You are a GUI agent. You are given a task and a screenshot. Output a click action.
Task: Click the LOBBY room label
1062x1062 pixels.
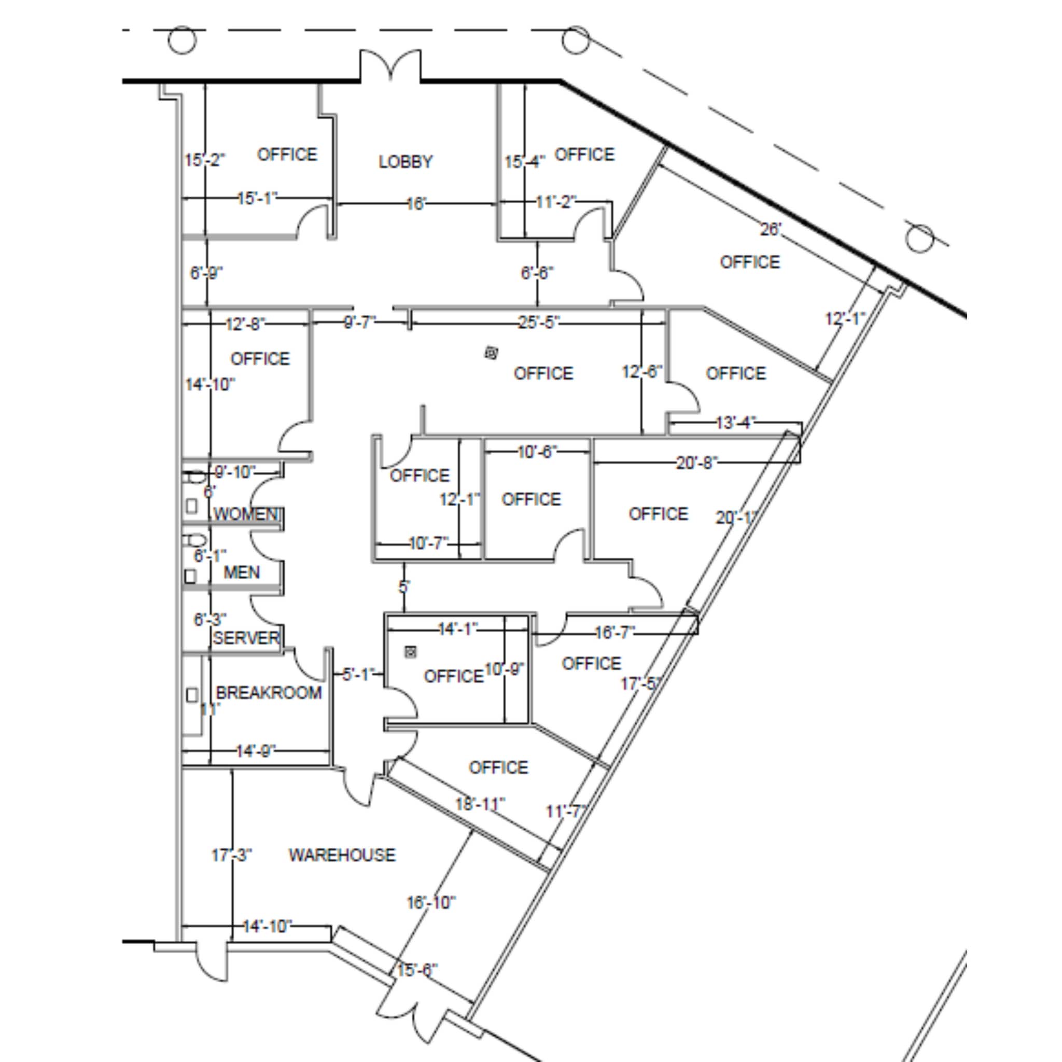[406, 162]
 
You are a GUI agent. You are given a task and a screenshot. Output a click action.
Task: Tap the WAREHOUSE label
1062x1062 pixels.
[342, 855]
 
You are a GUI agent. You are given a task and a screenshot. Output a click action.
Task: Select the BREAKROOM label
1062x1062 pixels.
[269, 693]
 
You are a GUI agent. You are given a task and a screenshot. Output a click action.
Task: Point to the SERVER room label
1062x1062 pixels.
[246, 638]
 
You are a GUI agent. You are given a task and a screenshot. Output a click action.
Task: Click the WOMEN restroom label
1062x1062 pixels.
[246, 514]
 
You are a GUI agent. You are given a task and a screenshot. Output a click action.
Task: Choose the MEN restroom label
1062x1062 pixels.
[242, 573]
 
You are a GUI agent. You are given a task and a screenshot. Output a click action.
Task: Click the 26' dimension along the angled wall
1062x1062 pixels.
[771, 229]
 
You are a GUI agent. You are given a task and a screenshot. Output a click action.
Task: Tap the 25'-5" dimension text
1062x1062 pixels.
[539, 322]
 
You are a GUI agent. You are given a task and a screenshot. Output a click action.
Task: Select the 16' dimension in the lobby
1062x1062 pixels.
[416, 204]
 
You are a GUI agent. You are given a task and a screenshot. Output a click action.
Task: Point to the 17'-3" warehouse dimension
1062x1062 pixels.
[231, 855]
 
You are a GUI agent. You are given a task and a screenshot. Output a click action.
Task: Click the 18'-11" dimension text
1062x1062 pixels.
[479, 804]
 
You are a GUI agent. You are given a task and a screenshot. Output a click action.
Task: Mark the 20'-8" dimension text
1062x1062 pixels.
[696, 463]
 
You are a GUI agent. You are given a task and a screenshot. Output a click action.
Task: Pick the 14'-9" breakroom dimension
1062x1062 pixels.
[256, 751]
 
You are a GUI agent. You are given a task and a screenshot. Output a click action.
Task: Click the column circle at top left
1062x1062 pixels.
[182, 40]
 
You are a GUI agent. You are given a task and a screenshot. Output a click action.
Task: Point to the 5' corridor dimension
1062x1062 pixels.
[404, 587]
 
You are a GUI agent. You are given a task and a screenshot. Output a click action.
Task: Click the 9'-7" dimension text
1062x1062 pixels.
[360, 323]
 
